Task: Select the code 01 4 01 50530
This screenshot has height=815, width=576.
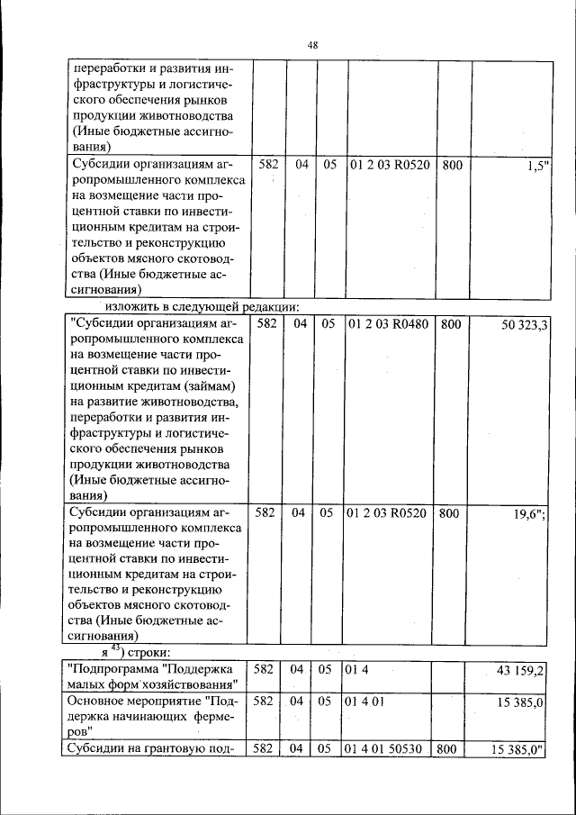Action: (382, 748)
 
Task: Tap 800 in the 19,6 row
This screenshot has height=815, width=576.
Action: (452, 513)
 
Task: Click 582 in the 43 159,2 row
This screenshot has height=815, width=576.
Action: (265, 669)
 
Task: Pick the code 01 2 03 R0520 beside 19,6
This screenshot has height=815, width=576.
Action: (389, 513)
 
